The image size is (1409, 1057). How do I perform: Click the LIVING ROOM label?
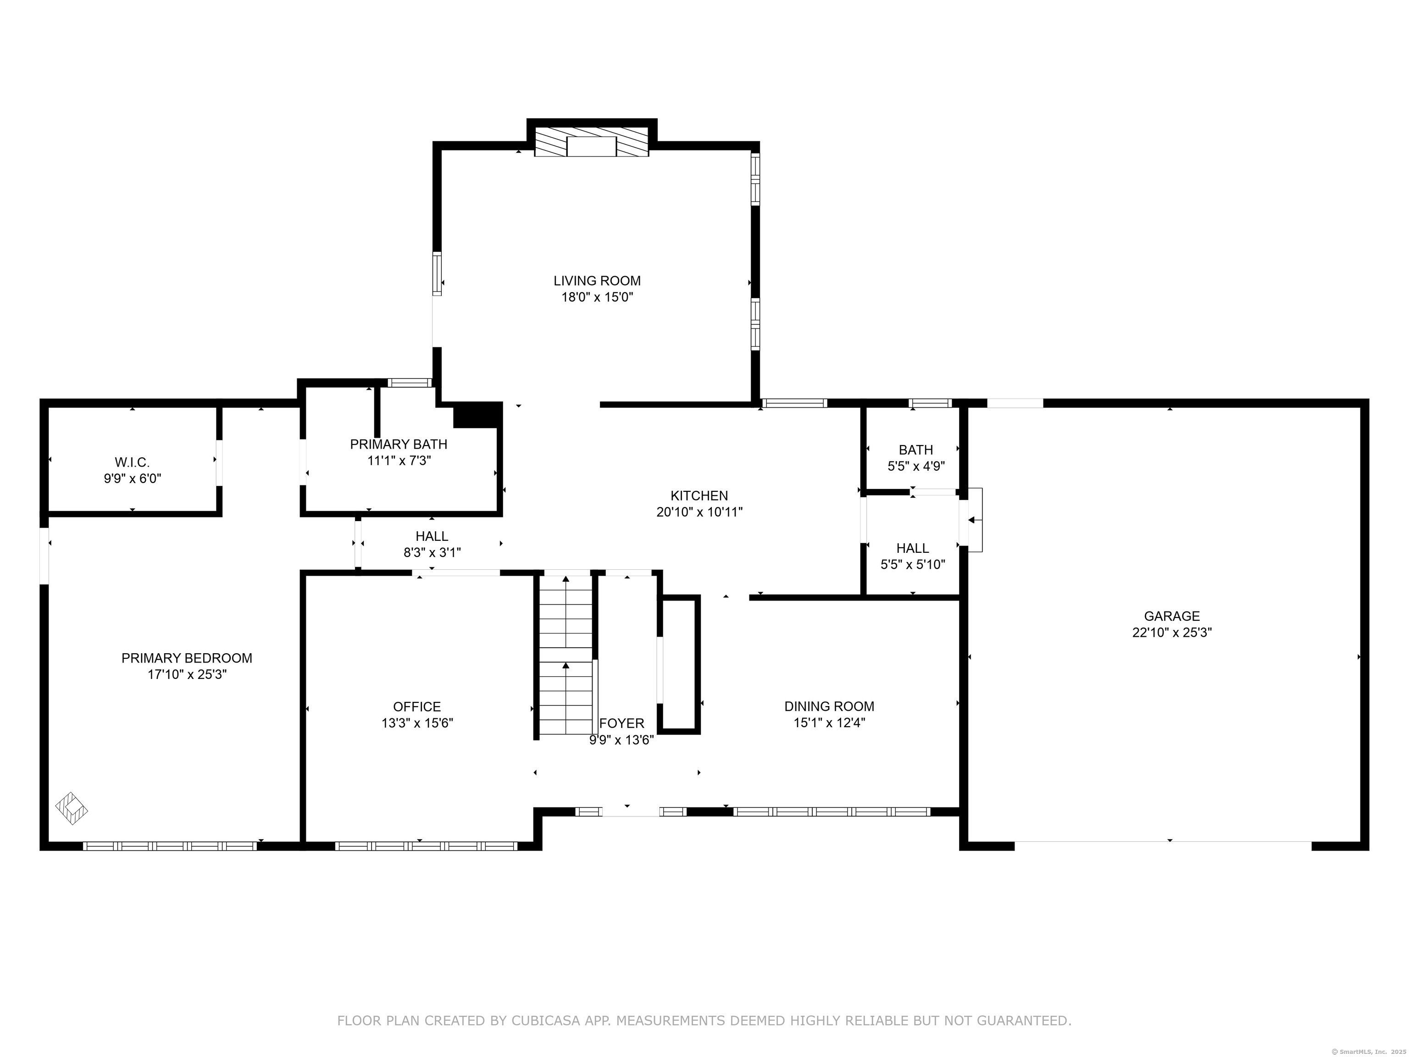(x=597, y=280)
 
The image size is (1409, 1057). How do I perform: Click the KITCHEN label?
(x=699, y=495)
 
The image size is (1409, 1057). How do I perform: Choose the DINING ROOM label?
(x=829, y=707)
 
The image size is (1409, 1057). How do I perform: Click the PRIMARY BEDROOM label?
(x=187, y=658)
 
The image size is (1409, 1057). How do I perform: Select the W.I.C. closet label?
(x=133, y=462)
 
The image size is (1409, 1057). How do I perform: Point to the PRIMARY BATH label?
(x=399, y=444)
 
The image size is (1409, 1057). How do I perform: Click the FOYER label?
(x=621, y=724)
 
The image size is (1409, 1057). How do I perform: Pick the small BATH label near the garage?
(x=916, y=450)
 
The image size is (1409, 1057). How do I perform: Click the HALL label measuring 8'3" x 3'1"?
(x=432, y=536)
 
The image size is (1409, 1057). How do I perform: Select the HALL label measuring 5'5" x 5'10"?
(x=913, y=548)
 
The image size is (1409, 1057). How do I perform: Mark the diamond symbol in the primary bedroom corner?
(x=72, y=809)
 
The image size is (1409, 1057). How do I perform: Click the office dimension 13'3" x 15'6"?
(x=417, y=723)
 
